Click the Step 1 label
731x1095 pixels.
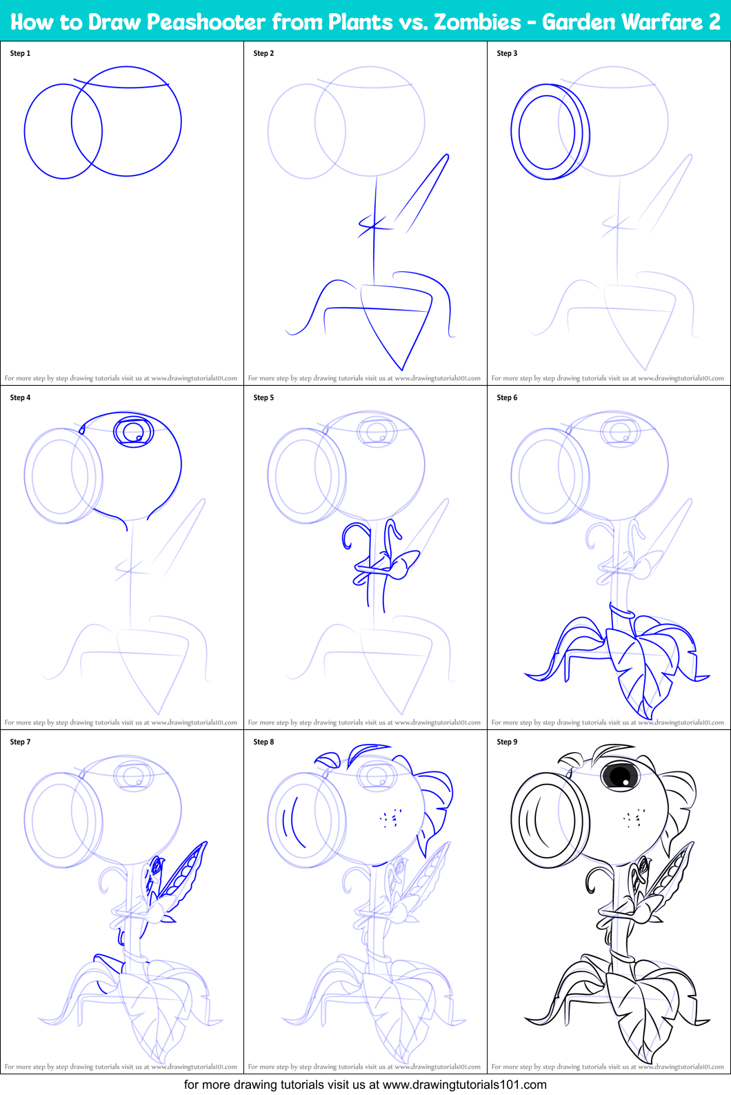click(x=20, y=53)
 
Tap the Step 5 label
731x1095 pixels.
click(x=263, y=397)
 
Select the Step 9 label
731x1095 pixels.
click(x=507, y=742)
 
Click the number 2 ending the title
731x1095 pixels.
click(x=714, y=22)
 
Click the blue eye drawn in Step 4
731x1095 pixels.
click(x=133, y=431)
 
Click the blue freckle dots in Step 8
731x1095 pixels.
click(x=390, y=818)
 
